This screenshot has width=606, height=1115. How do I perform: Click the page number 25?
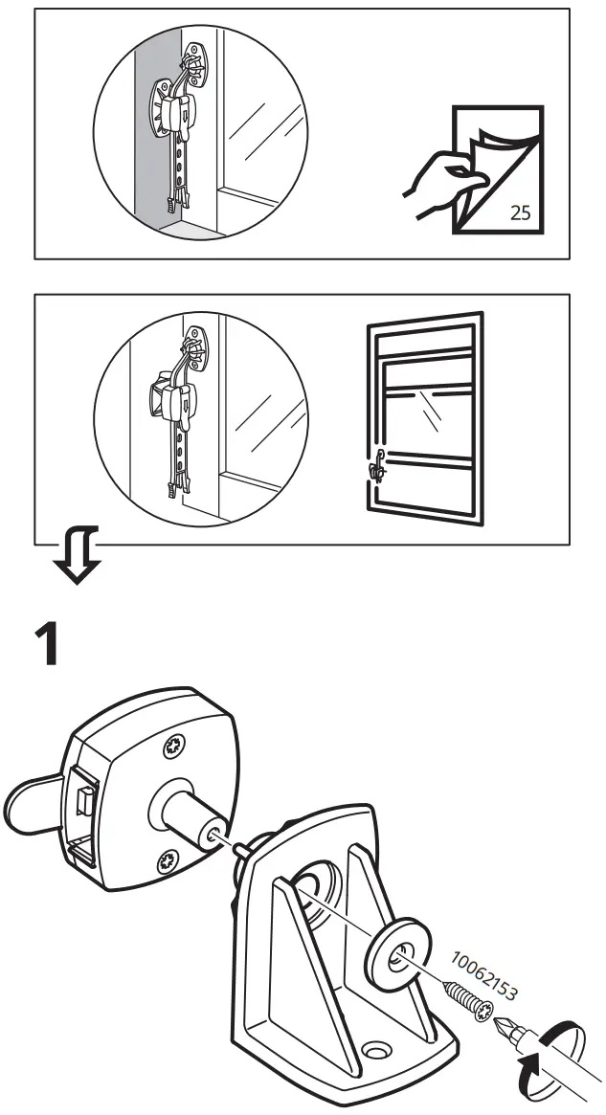[x=520, y=212]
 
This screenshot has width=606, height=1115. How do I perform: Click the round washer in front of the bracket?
[x=394, y=957]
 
